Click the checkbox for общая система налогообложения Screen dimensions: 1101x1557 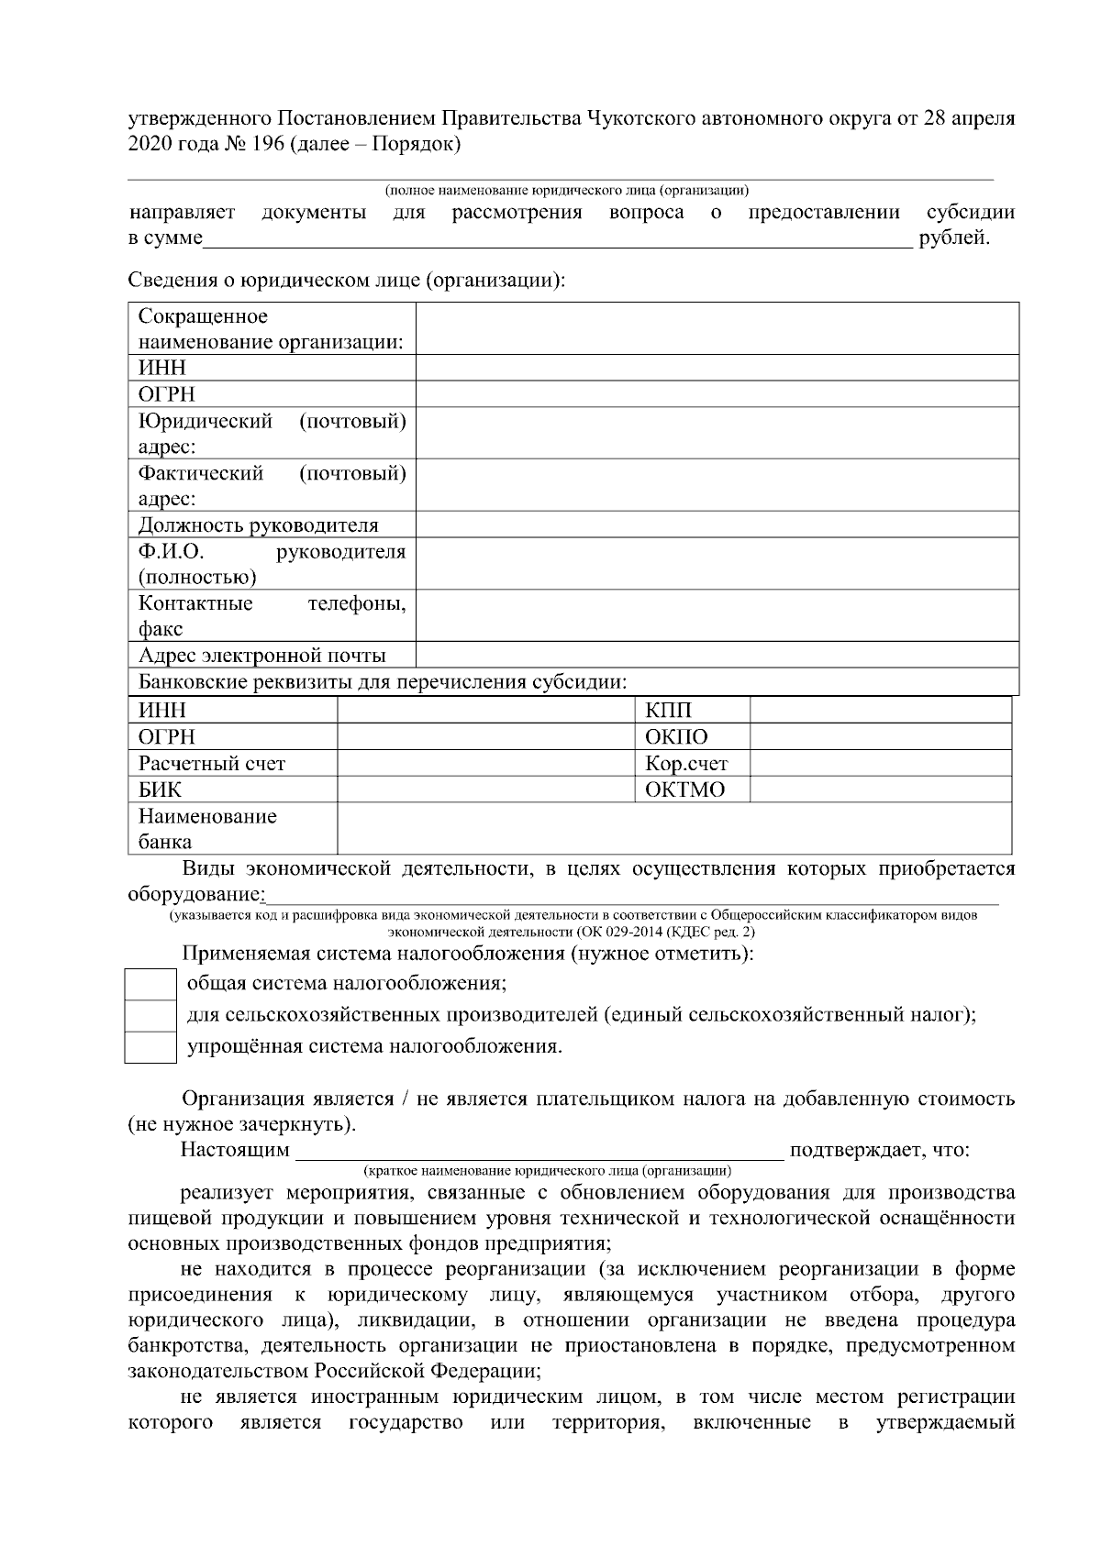point(150,984)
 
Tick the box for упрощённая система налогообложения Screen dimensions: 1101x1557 point(150,1047)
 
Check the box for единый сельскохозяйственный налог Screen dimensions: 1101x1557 point(150,1016)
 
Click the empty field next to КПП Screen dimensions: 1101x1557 point(880,711)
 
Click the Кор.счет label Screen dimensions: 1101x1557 point(686,764)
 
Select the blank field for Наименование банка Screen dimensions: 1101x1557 point(674,829)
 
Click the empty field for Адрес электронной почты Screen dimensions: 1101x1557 point(717,656)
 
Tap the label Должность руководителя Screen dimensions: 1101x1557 point(258,525)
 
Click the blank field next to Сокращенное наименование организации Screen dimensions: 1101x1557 point(717,329)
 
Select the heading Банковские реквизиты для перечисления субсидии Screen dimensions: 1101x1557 point(383,682)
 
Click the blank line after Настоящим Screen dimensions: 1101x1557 point(539,1150)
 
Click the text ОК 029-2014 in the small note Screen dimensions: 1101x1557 point(624,932)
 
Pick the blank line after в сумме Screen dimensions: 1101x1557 point(558,240)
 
